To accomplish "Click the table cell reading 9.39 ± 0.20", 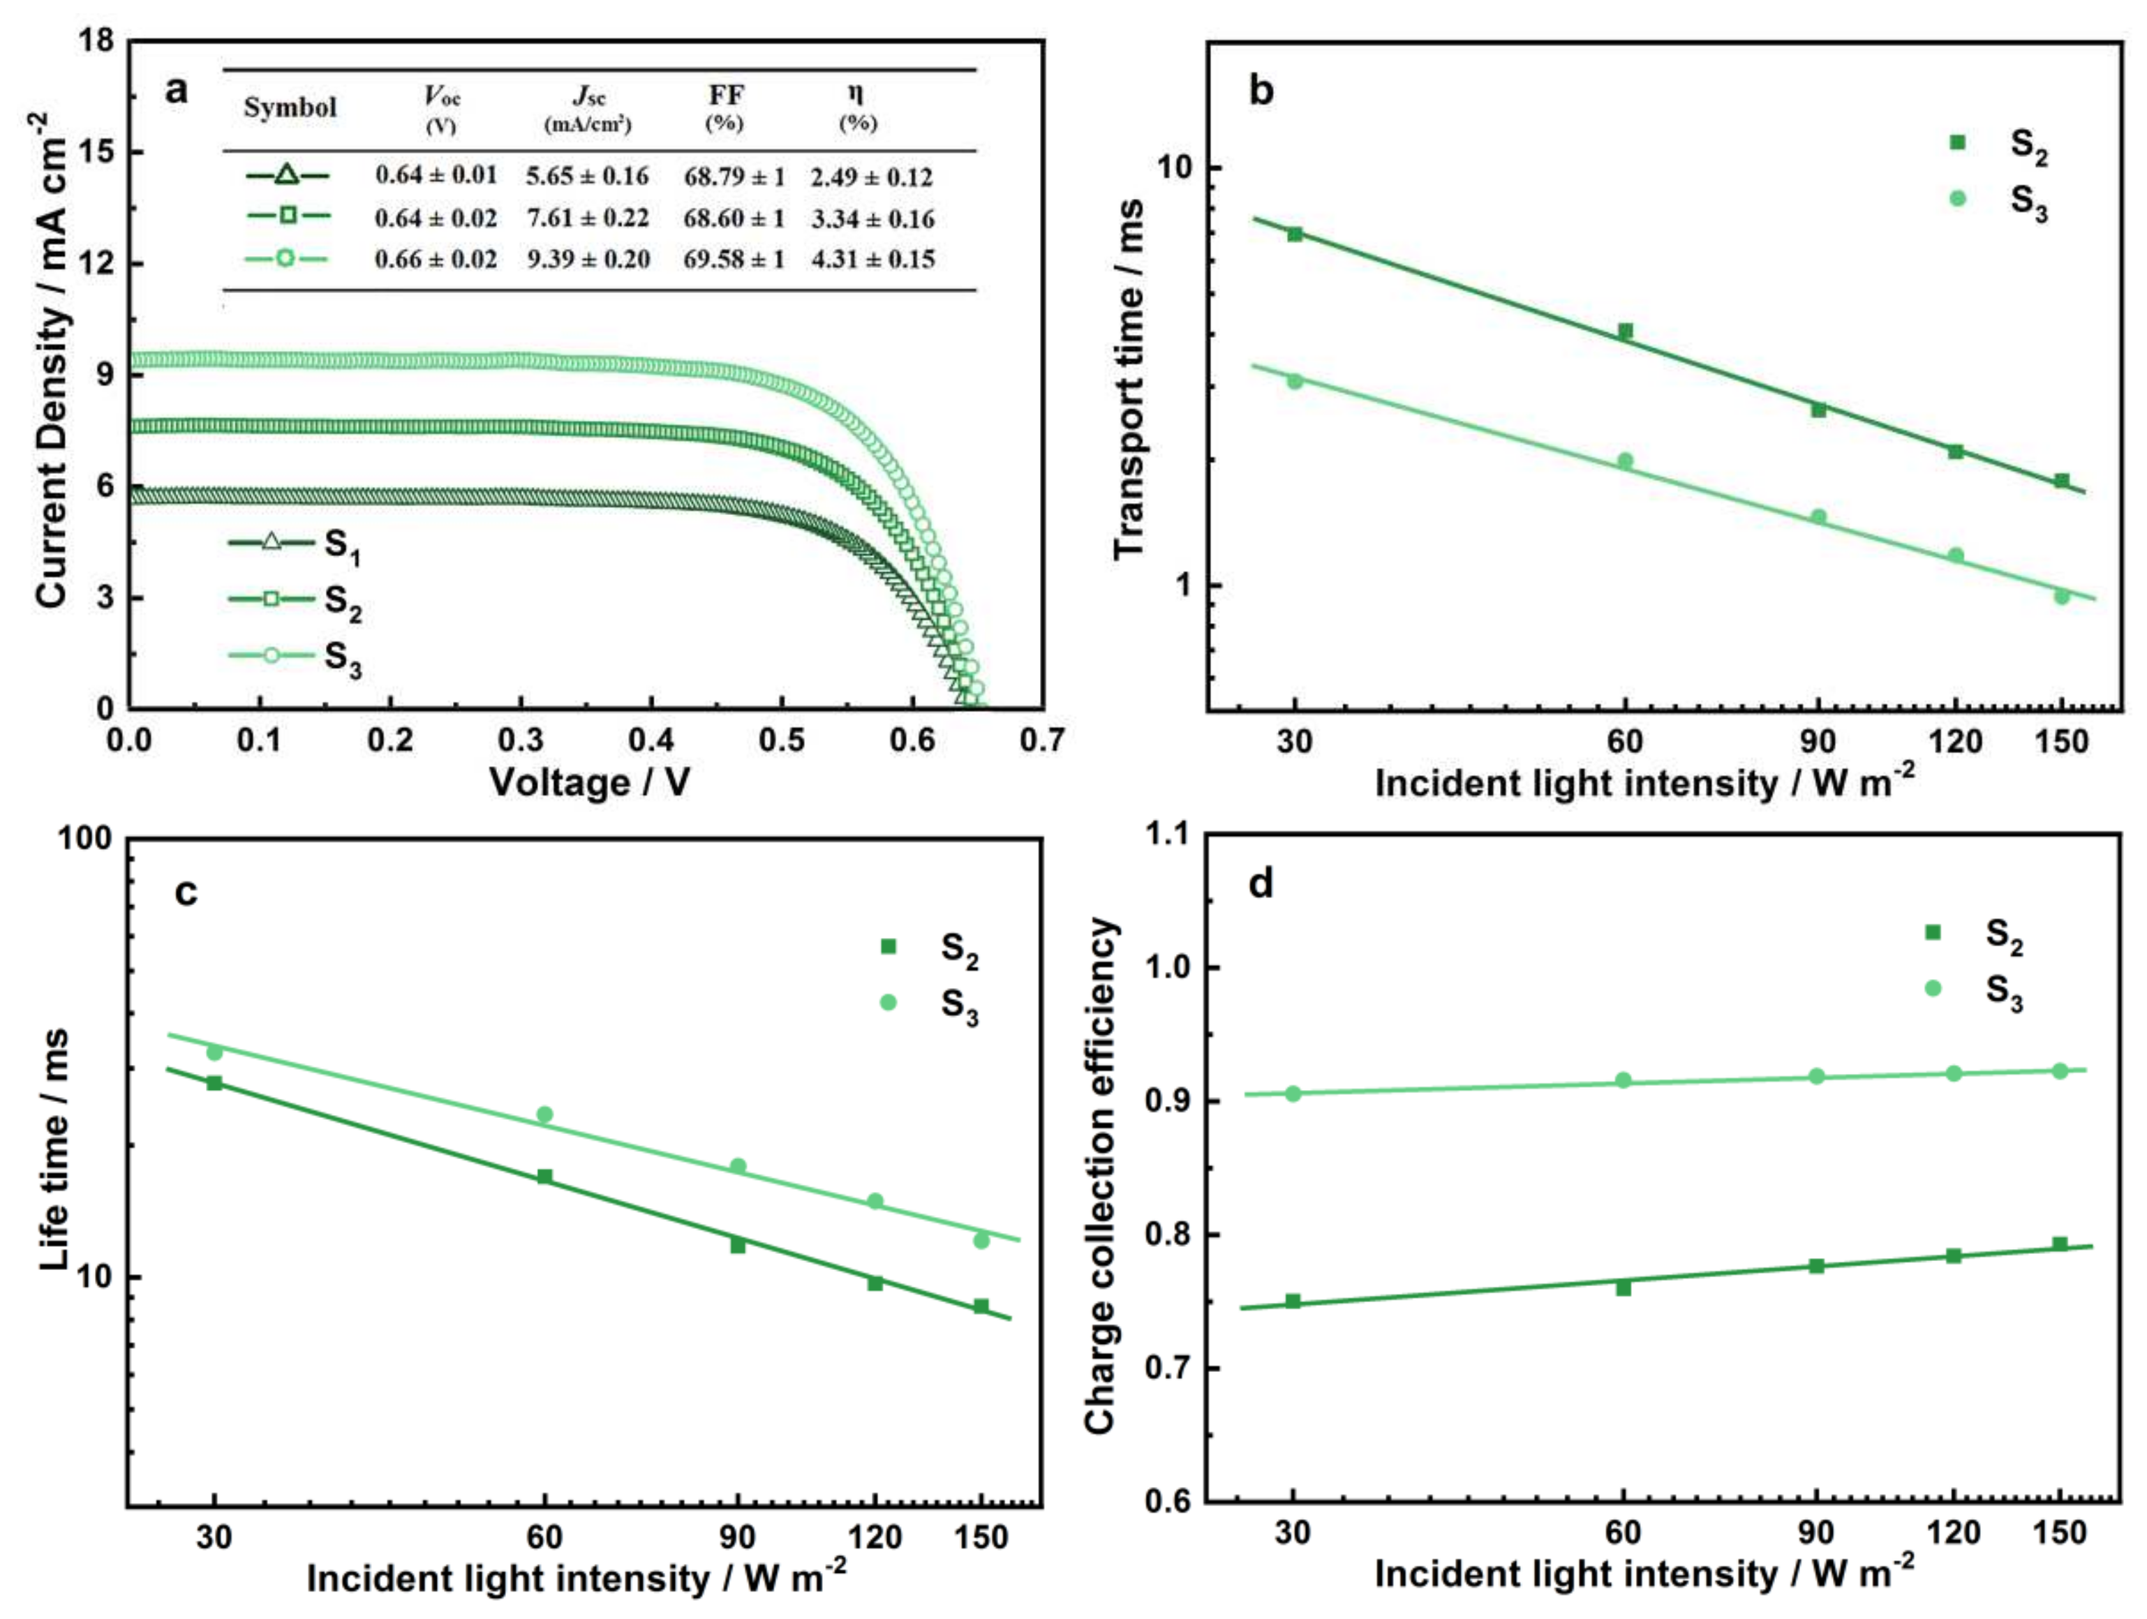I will (x=588, y=259).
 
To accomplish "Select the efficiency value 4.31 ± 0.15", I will (x=872, y=259).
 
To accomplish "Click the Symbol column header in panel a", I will (x=289, y=107).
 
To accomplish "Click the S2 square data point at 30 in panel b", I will (x=1294, y=234).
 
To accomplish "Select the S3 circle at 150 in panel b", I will (x=2062, y=596).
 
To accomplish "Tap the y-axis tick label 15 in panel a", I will (x=97, y=151).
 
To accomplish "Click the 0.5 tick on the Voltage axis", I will (x=781, y=740).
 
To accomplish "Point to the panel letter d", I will (x=1260, y=883).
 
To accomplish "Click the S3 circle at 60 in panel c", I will (x=544, y=1114).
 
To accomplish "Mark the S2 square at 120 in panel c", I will (x=875, y=1283).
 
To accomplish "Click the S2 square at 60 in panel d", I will (x=1623, y=1288).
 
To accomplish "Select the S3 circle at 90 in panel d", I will (x=1816, y=1076).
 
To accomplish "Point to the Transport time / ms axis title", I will (x=1129, y=378).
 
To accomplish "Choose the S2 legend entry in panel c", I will (x=932, y=948).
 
